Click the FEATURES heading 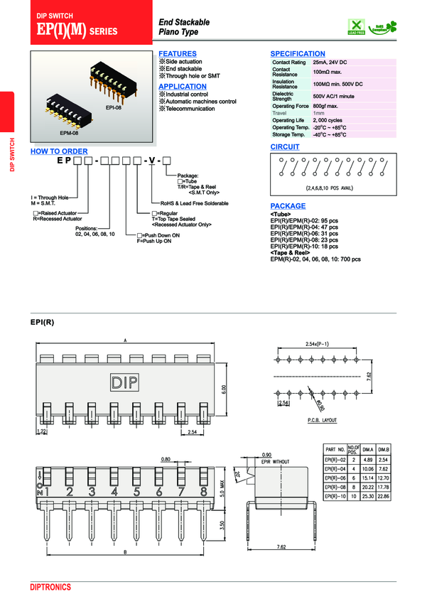click(x=177, y=54)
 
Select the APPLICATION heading click(x=183, y=87)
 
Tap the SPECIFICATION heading click(x=298, y=54)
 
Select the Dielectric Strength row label click(x=283, y=95)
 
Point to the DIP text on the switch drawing click(x=125, y=383)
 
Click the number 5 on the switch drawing click(x=136, y=490)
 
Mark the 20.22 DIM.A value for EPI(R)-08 click(x=367, y=487)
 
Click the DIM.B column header click(x=383, y=450)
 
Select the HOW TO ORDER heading click(x=59, y=151)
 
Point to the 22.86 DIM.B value click(x=383, y=497)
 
